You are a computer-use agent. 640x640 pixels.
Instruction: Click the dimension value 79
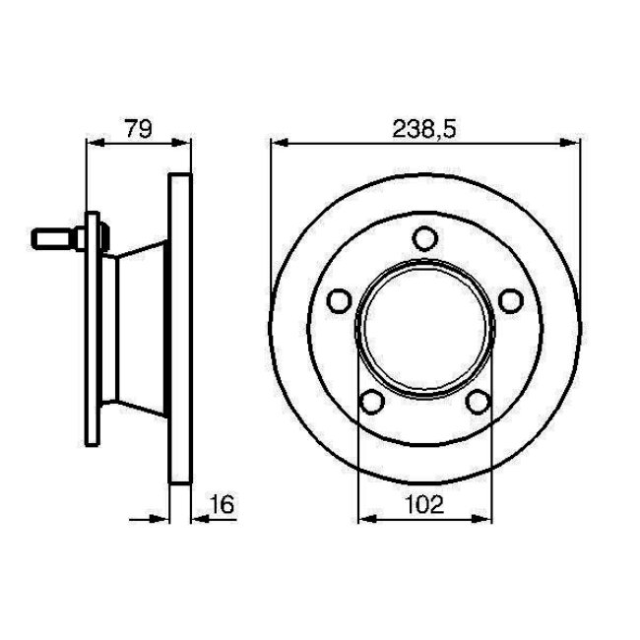pyautogui.click(x=139, y=128)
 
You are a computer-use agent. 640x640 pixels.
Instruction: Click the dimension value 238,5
pyautogui.click(x=423, y=129)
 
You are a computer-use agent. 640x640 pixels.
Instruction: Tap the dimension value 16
pyautogui.click(x=223, y=504)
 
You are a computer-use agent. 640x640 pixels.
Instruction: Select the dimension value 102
pyautogui.click(x=424, y=504)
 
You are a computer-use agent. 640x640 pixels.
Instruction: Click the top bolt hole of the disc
pyautogui.click(x=425, y=238)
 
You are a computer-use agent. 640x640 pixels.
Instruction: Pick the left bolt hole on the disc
pyautogui.click(x=339, y=300)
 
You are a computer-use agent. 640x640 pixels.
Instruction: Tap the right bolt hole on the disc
pyautogui.click(x=511, y=300)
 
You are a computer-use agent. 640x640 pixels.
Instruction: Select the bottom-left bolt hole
pyautogui.click(x=372, y=401)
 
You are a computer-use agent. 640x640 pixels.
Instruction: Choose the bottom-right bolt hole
pyautogui.click(x=478, y=401)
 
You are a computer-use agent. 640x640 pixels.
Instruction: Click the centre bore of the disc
pyautogui.click(x=425, y=327)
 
